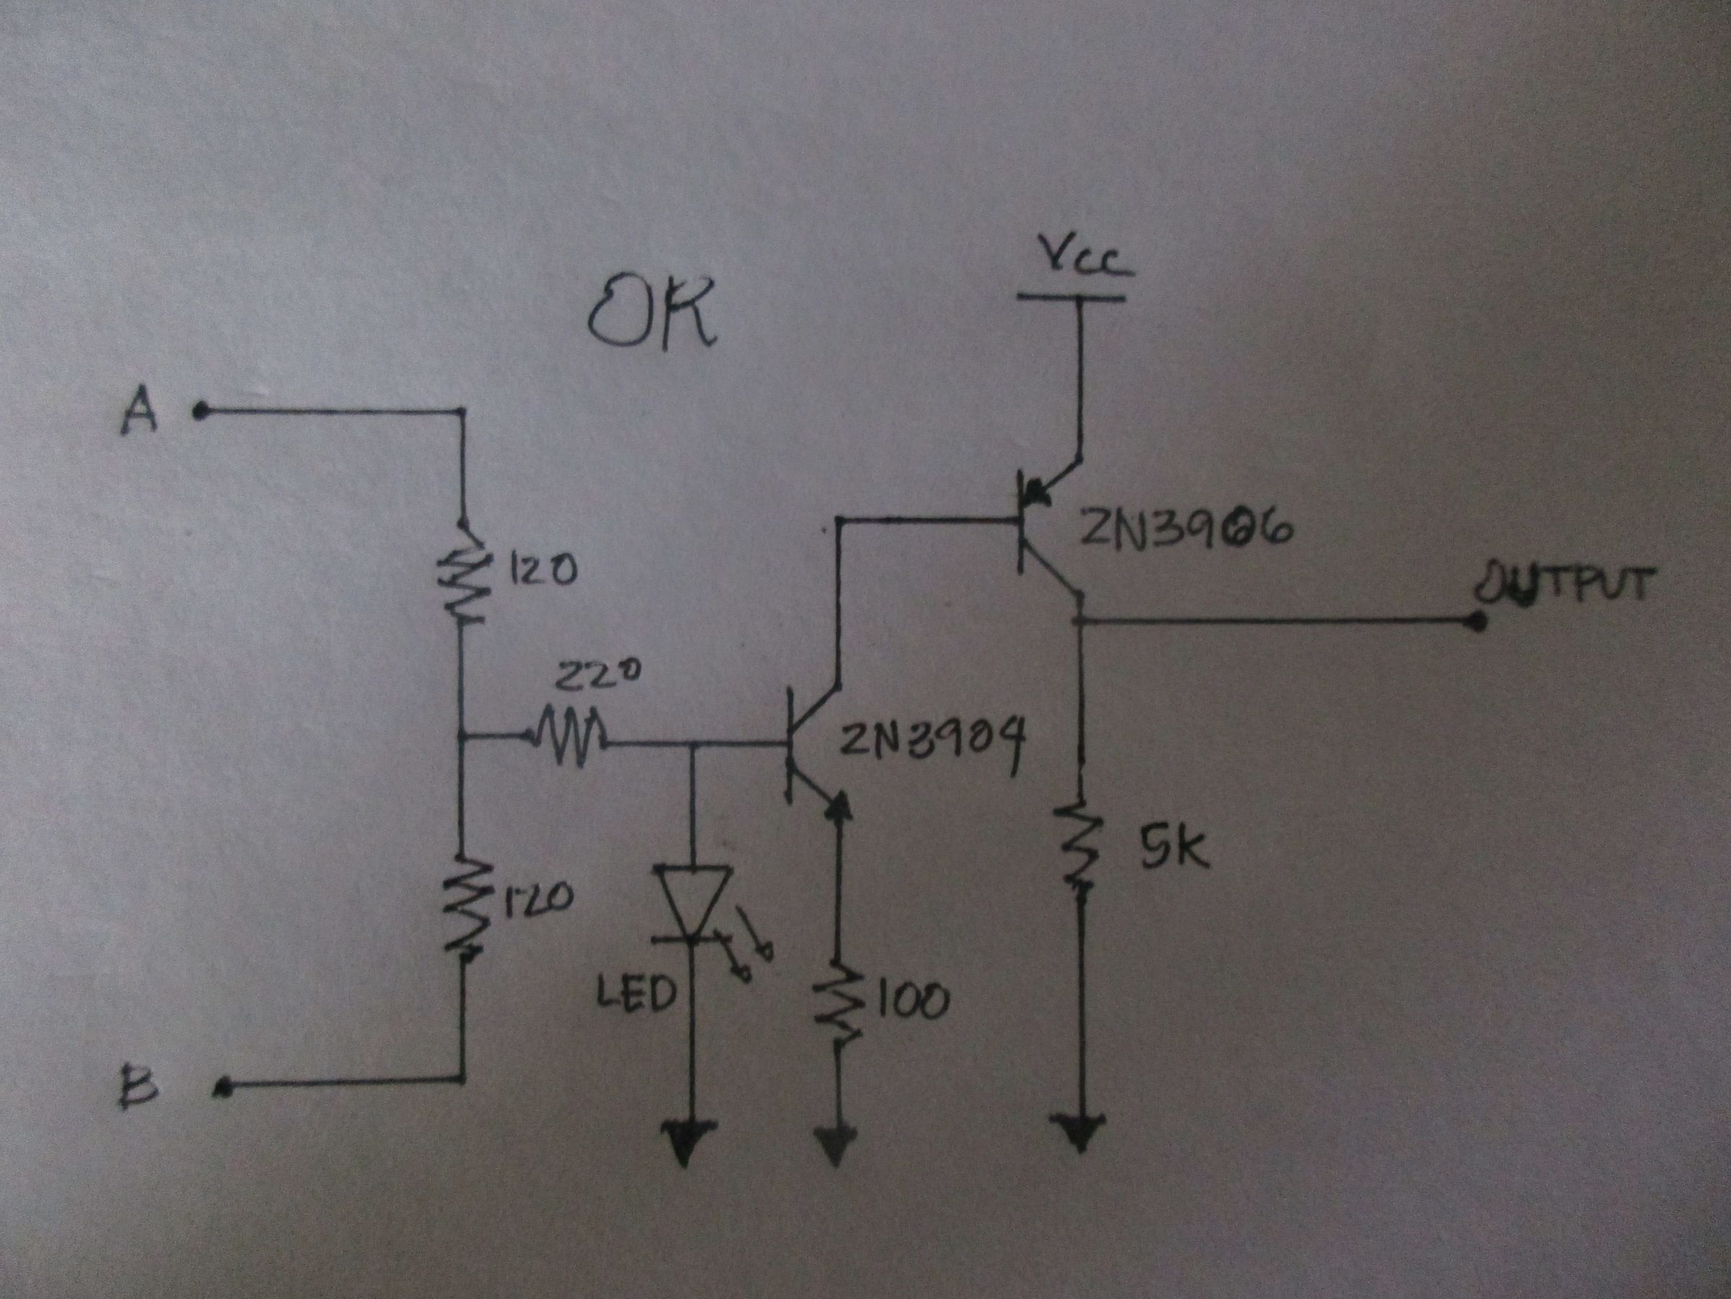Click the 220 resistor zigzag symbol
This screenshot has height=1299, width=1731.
tap(569, 737)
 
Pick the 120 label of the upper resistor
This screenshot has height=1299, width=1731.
tap(544, 572)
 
